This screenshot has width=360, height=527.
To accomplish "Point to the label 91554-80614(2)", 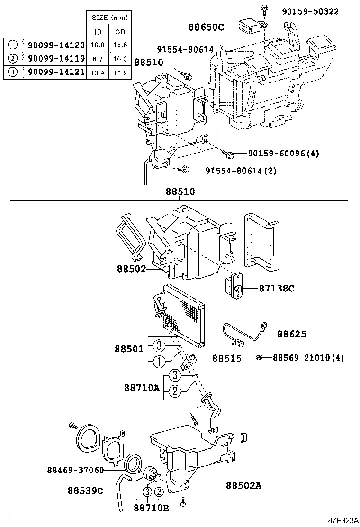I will tap(241, 170).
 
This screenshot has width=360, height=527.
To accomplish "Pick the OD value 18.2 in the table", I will tap(121, 73).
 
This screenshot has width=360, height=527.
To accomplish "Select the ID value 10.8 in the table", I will tap(98, 45).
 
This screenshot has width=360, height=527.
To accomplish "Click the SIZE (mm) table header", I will tap(109, 17).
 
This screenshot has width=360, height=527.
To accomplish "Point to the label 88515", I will tap(226, 358).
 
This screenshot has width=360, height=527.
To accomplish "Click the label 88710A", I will tap(142, 388).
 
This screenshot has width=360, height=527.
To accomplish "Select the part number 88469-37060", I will tap(75, 470).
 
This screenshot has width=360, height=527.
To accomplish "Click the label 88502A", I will tap(244, 485).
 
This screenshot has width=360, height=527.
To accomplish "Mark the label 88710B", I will tap(151, 508).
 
